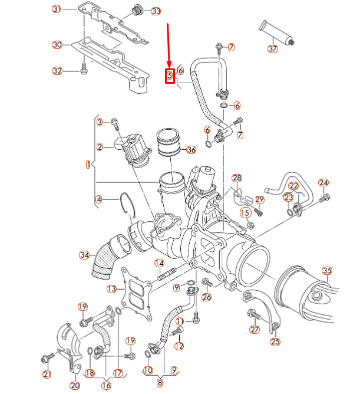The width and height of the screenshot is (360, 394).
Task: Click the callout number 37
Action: [272, 49]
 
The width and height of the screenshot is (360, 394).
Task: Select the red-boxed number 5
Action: [170, 75]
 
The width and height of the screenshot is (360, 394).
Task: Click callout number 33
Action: [156, 11]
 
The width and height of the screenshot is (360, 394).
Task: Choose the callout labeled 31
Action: [57, 9]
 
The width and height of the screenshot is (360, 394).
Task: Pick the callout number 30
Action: [57, 45]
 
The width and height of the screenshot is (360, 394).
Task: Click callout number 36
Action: [190, 150]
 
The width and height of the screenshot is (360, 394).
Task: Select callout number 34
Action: [84, 255]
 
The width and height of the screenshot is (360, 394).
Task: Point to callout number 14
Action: [159, 263]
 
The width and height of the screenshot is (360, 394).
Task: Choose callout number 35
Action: [327, 271]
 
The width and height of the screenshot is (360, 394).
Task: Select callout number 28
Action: [237, 178]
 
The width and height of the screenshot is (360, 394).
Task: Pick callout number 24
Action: [323, 182]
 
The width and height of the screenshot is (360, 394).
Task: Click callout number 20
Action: [75, 386]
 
